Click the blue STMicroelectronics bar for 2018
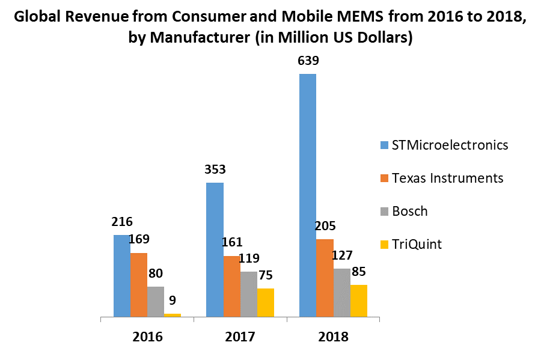(308, 195)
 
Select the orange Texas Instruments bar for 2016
(139, 284)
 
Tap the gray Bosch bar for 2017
(249, 294)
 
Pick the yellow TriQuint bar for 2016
(173, 314)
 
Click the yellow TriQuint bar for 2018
(359, 301)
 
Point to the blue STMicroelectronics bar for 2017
(215, 249)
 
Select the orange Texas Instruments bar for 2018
(325, 278)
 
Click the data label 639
(308, 61)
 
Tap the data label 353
(215, 169)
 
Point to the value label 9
(172, 301)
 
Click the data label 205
(325, 227)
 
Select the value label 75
(265, 275)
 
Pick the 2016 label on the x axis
(147, 337)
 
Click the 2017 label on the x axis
(240, 337)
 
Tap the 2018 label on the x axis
(333, 337)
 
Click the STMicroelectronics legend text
(450, 145)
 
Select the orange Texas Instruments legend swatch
(384, 178)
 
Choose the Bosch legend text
(409, 211)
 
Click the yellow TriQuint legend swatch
(384, 245)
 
